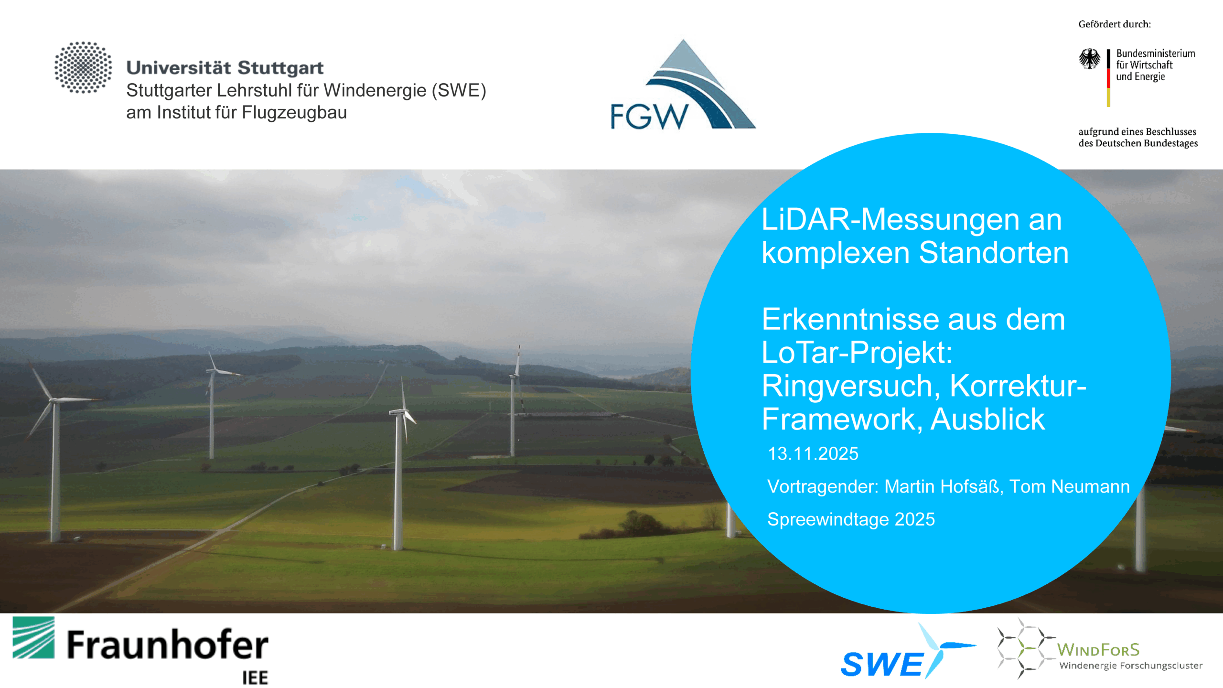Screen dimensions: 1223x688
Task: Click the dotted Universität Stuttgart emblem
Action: pyautogui.click(x=83, y=67)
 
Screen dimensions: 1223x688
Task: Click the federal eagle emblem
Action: pyautogui.click(x=1089, y=59)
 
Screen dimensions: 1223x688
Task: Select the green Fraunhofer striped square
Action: pyautogui.click(x=33, y=637)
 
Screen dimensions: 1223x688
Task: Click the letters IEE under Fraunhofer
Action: pyautogui.click(x=255, y=677)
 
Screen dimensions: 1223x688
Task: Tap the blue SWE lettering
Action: pyautogui.click(x=882, y=664)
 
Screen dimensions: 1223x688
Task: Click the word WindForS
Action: pyautogui.click(x=1098, y=650)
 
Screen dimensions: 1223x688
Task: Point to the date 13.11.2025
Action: pyautogui.click(x=813, y=453)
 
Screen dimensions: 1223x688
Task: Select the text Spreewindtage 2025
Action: pyautogui.click(x=851, y=519)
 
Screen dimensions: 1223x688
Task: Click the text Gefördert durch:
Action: pyautogui.click(x=1115, y=24)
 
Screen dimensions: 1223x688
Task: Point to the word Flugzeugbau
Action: pyautogui.click(x=294, y=113)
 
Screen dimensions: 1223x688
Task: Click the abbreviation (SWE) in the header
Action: pyautogui.click(x=459, y=90)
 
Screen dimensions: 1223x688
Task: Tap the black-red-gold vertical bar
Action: pyautogui.click(x=1108, y=77)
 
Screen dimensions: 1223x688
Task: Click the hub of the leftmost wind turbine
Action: pyautogui.click(x=54, y=400)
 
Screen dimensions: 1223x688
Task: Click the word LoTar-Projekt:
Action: pyautogui.click(x=857, y=353)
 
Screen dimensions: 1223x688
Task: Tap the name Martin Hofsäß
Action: pyautogui.click(x=942, y=486)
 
